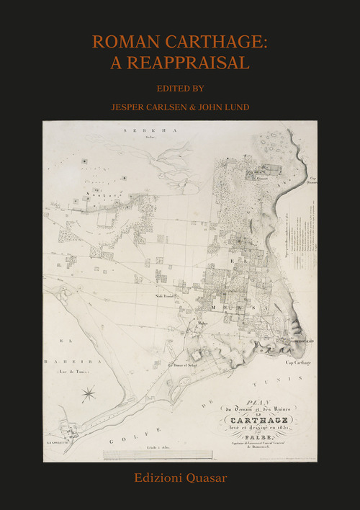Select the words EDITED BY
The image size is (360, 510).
[x=179, y=90]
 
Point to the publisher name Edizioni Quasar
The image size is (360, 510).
[x=179, y=478]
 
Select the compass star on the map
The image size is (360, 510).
[x=89, y=393]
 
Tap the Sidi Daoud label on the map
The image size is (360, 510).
[x=165, y=296]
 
